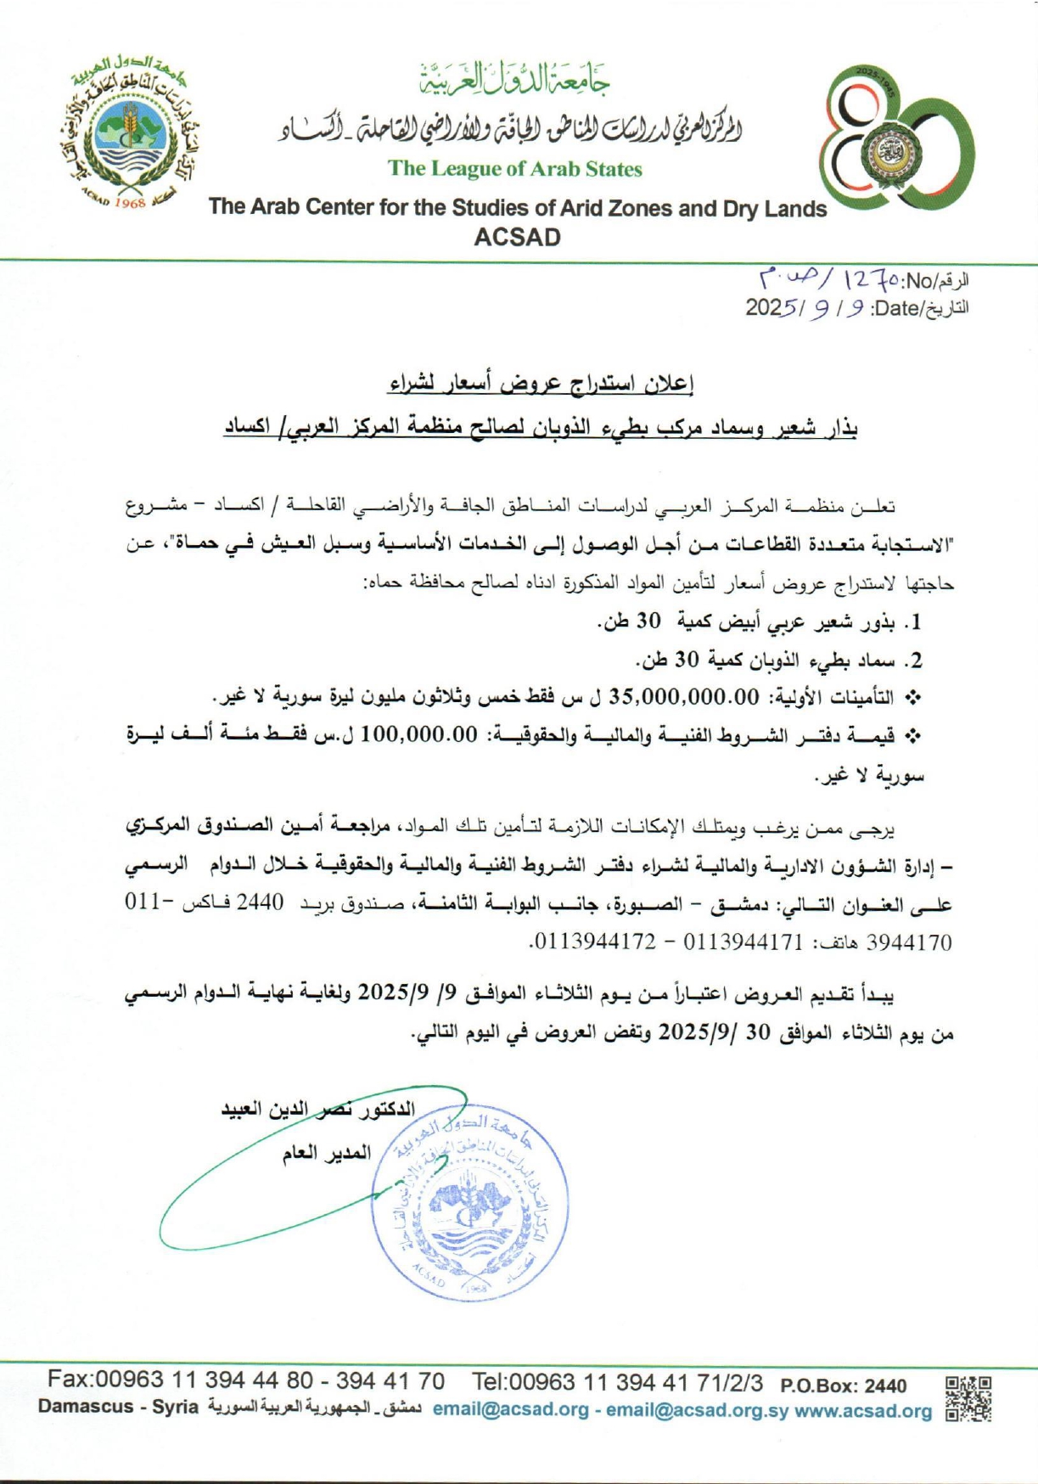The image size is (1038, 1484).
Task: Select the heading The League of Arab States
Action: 515,169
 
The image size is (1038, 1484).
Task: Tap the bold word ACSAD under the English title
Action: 517,238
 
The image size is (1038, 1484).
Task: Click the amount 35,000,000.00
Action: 684,698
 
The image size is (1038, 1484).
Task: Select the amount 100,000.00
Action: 419,735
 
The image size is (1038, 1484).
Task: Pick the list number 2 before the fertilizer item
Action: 913,660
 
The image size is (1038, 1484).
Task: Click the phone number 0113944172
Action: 594,942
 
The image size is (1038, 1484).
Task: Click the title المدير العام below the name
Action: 327,1153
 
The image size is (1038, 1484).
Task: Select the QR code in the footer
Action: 968,1398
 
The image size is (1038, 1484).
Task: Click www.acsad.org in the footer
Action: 863,1411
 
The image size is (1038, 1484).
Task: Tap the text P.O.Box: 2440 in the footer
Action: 843,1386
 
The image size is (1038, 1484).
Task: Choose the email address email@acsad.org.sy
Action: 696,1411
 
